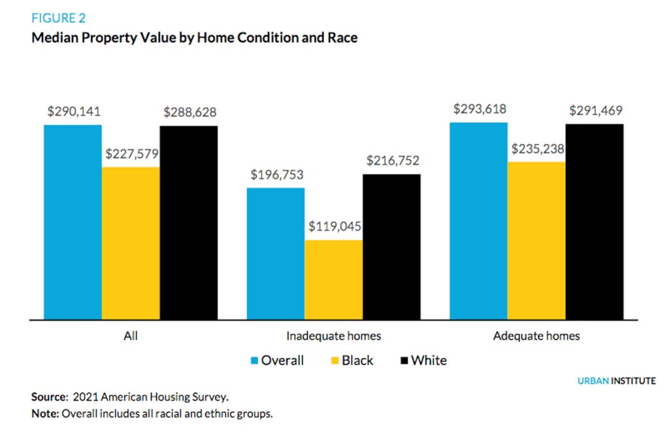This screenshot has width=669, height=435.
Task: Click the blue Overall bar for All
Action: tap(73, 222)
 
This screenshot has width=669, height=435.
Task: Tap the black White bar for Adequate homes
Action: tap(595, 222)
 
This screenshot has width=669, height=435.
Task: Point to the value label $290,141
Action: tap(73, 112)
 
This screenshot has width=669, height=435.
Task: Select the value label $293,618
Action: tap(480, 108)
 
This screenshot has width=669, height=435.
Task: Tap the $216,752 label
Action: tap(392, 161)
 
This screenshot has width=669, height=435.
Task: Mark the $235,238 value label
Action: tap(538, 148)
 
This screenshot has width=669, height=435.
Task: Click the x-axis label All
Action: tap(130, 336)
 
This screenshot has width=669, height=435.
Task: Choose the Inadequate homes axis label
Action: tap(334, 336)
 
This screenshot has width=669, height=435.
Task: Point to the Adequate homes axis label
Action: tap(536, 336)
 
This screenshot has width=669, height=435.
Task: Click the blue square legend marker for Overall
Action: tap(254, 361)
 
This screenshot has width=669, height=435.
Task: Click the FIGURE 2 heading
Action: tap(59, 18)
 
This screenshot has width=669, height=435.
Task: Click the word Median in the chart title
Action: tap(54, 38)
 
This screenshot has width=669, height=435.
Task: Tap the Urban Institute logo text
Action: tap(616, 381)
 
